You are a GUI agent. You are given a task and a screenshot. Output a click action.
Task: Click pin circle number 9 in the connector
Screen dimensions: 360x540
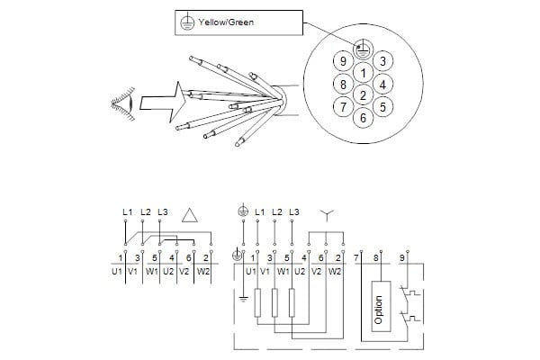[x=342, y=61]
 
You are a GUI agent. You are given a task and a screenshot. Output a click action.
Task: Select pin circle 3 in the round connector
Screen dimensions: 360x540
[x=383, y=61]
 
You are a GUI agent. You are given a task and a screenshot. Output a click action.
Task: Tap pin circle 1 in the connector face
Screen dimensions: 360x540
[x=363, y=73]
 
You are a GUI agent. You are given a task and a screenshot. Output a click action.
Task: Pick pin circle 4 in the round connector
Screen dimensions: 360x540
[x=383, y=85]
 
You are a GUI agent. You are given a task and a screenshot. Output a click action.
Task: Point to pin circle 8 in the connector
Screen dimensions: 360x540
[x=342, y=85]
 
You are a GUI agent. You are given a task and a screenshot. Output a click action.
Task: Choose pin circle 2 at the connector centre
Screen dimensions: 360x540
[x=363, y=95]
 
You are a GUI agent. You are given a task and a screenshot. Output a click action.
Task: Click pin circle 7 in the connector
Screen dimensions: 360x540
[x=342, y=107]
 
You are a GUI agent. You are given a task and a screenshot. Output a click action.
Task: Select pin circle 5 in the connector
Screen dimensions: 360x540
[x=383, y=107]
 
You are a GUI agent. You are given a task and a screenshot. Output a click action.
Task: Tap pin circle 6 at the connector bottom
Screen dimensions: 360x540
[x=363, y=118]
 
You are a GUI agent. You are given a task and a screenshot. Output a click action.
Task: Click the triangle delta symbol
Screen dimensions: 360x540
[x=190, y=215]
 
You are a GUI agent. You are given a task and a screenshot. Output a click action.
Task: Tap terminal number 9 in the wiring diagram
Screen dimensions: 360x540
[x=403, y=258]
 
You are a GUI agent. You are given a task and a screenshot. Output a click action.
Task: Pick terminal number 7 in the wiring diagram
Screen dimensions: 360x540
[x=357, y=258]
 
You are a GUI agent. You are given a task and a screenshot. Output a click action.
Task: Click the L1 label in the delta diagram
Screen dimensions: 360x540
[x=127, y=211]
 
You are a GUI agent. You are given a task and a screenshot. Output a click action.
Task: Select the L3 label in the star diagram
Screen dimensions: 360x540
[x=292, y=211]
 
